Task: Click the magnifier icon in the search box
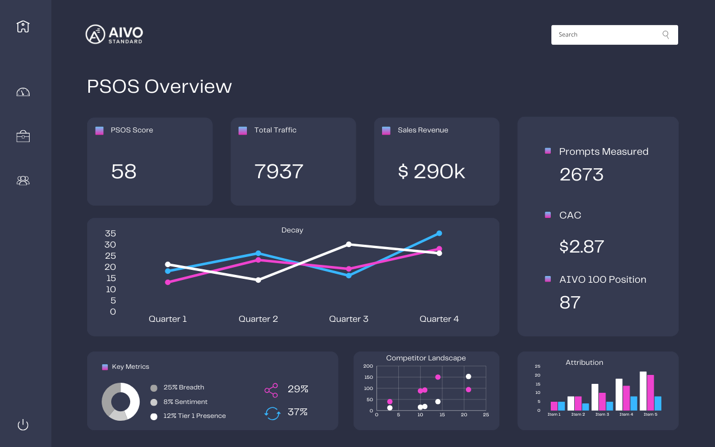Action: tap(665, 35)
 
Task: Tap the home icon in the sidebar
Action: tap(23, 26)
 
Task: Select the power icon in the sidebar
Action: tap(23, 425)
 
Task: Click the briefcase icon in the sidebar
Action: tap(23, 136)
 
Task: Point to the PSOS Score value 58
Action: tap(123, 172)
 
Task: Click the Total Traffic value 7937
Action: tap(279, 172)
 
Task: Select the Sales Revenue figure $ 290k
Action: tap(431, 172)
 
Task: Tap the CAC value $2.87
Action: tap(581, 246)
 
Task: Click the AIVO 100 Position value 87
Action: tap(570, 302)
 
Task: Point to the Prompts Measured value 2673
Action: tap(581, 175)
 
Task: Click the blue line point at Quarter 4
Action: tap(439, 233)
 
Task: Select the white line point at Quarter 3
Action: tap(349, 244)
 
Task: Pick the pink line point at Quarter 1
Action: tap(168, 282)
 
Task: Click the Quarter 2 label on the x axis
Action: tap(258, 319)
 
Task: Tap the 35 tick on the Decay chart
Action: tap(111, 234)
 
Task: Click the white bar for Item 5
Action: tap(643, 391)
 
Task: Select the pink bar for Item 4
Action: tap(626, 398)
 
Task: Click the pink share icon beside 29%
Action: tap(271, 390)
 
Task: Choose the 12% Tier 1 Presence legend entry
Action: tap(194, 416)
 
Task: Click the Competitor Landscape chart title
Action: tap(426, 358)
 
